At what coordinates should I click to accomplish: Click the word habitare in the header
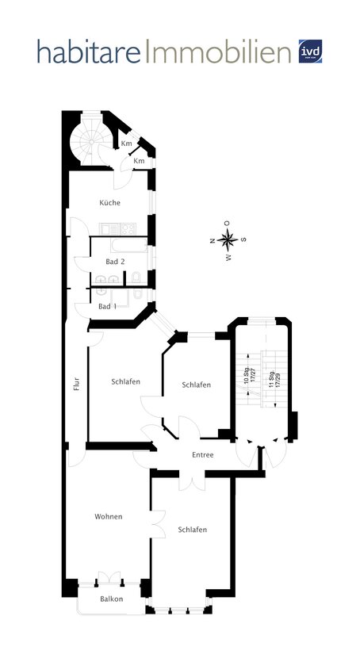pyautogui.click(x=88, y=53)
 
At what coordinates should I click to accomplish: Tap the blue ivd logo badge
pyautogui.click(x=310, y=52)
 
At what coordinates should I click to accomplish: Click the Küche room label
pyautogui.click(x=109, y=203)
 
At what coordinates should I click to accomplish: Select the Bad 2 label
pyautogui.click(x=115, y=262)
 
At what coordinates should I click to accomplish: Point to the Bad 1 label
pyautogui.click(x=108, y=306)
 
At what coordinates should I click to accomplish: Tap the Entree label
pyautogui.click(x=203, y=454)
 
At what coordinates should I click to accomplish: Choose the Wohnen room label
pyautogui.click(x=108, y=516)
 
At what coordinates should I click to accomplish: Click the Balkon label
pyautogui.click(x=111, y=599)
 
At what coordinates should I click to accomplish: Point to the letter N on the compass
pyautogui.click(x=212, y=239)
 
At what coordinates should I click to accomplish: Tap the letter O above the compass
pyautogui.click(x=227, y=223)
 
